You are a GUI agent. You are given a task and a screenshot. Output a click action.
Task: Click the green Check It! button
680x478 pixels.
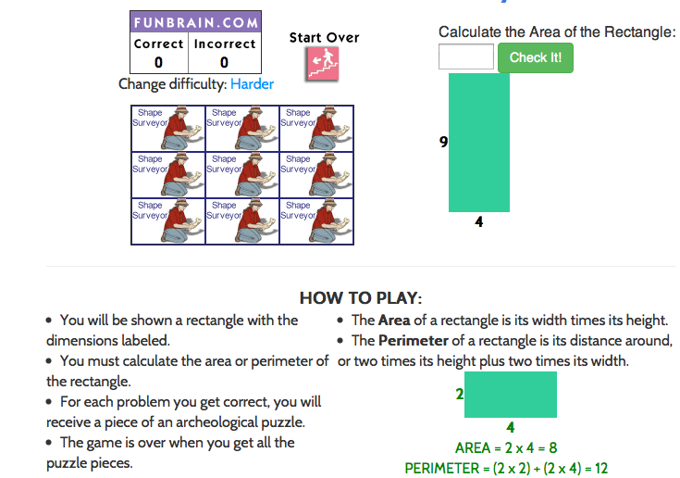coord(535,57)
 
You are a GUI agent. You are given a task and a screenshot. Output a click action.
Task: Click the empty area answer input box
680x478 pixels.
coord(466,57)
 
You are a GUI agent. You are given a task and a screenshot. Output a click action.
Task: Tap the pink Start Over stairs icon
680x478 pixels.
coord(323,63)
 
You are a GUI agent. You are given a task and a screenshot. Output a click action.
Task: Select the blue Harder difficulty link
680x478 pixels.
coord(252,83)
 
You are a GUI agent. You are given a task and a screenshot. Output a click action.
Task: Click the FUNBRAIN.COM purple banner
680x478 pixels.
coord(195,22)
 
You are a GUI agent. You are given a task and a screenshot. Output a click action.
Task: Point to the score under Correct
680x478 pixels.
coord(159,62)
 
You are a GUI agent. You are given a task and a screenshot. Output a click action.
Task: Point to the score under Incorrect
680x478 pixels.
coord(224,62)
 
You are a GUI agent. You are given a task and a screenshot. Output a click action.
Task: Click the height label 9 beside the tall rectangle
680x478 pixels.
coord(443,142)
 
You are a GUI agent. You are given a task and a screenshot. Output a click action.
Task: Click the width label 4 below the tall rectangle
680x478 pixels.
coord(479,221)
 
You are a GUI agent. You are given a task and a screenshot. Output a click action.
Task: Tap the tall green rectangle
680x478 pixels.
coord(479,143)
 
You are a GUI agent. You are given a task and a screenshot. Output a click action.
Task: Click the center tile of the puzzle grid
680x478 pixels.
coord(242,175)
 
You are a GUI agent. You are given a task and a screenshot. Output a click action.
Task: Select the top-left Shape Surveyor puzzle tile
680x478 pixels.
coord(167,129)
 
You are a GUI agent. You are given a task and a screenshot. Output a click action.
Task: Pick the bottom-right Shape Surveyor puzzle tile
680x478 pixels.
coord(316,221)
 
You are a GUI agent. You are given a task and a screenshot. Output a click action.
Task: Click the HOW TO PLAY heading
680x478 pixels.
coord(361,298)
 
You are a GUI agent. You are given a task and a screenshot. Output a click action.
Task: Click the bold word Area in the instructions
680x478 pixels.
coord(394,320)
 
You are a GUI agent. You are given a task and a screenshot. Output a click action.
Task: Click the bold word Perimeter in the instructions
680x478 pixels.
coord(414,340)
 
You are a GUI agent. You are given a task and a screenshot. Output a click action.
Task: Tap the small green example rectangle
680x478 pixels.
coord(511,395)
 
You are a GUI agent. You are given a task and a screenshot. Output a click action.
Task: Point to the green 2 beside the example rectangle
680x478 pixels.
coord(460,394)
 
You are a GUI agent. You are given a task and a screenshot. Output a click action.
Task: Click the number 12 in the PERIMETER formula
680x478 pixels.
coord(601,469)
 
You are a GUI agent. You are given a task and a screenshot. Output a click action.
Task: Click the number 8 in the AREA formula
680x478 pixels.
coord(553,447)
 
